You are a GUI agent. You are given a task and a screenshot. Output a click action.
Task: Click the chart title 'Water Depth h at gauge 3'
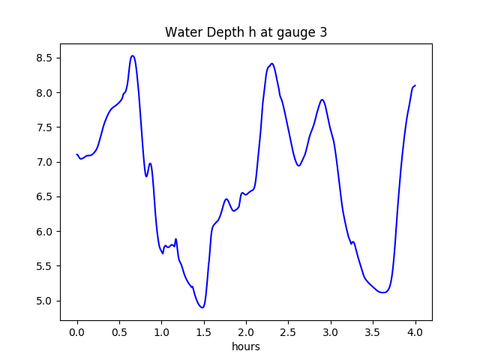[x=246, y=32]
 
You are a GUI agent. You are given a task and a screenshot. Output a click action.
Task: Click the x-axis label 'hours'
[x=246, y=347]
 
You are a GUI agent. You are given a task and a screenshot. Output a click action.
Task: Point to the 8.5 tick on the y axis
[x=45, y=58]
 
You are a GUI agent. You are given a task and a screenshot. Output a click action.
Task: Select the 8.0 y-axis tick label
[x=45, y=93]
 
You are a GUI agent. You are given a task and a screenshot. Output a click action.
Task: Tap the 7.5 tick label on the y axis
[x=45, y=127]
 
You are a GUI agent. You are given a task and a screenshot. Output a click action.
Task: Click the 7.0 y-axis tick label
[x=45, y=162]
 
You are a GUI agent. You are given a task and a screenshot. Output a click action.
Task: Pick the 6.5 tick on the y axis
[x=45, y=196]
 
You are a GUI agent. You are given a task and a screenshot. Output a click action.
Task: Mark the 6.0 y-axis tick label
[x=45, y=232]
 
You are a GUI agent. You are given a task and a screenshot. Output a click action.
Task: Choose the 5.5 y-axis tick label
[x=45, y=266]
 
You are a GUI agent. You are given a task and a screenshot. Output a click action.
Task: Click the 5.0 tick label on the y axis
[x=45, y=301]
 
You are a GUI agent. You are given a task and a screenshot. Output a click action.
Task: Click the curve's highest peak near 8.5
[x=132, y=55]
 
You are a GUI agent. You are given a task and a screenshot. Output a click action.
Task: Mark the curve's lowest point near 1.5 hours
[x=202, y=307]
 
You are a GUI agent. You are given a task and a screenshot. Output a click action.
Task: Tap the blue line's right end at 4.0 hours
[x=415, y=85]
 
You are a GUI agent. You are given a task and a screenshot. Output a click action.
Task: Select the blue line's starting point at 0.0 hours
[x=77, y=154]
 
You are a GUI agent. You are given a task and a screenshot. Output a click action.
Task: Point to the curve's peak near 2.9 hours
[x=322, y=99]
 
